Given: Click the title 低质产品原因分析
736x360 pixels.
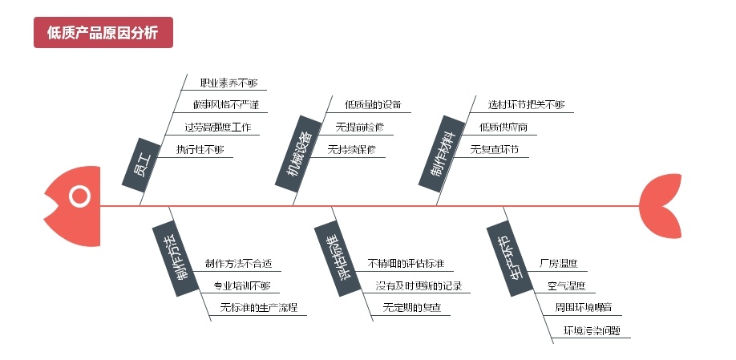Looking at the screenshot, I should (103, 32).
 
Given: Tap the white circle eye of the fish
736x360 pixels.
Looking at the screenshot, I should (79, 196).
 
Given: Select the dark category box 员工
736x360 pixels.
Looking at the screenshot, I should (141, 164).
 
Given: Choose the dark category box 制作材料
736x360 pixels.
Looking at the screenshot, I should (439, 152).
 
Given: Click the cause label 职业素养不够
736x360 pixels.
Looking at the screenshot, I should (228, 83).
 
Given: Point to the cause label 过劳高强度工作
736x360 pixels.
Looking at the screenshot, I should (217, 127).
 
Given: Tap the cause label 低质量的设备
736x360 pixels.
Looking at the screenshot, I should (372, 105).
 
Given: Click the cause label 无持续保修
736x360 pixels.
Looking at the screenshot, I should (351, 149).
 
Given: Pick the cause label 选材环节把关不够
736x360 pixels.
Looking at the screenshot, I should (526, 105).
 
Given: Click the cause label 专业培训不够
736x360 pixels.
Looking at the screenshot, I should (241, 285).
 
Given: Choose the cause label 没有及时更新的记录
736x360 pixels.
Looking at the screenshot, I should (418, 285).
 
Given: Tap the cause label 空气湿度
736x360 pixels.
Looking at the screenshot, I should (566, 285).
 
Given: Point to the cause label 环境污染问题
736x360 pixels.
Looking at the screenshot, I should (592, 330).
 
